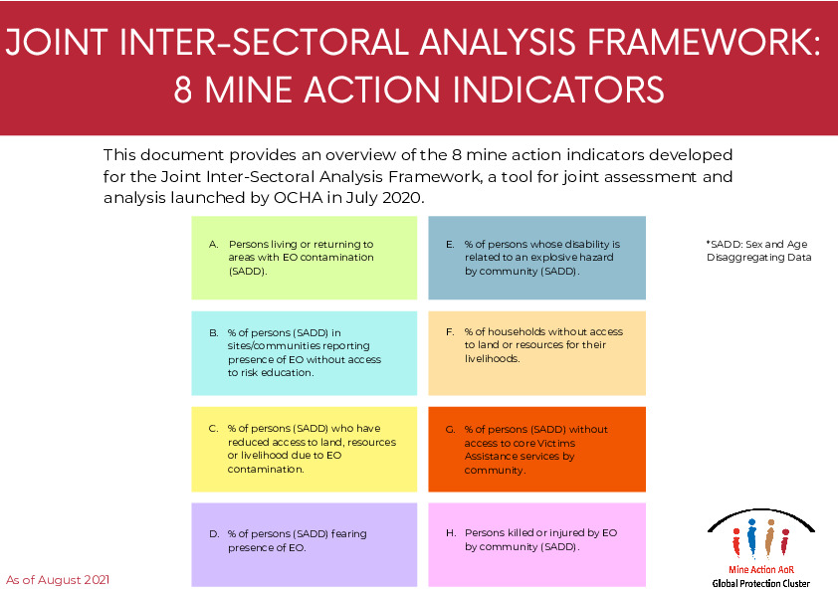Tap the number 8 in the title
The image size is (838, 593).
pyautogui.click(x=184, y=90)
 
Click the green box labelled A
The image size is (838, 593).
pyautogui.click(x=304, y=258)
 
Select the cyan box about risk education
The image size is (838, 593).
pyautogui.click(x=304, y=352)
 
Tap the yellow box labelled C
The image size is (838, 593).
pyautogui.click(x=304, y=449)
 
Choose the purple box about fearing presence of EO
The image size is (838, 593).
pyautogui.click(x=304, y=544)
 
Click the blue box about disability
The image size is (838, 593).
pyautogui.click(x=536, y=258)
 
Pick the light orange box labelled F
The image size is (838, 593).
pyautogui.click(x=536, y=352)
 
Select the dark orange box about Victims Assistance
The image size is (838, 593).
pyautogui.click(x=536, y=449)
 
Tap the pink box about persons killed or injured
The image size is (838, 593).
pyautogui.click(x=536, y=544)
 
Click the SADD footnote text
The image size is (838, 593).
pyautogui.click(x=758, y=251)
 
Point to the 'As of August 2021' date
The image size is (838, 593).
pyautogui.click(x=58, y=579)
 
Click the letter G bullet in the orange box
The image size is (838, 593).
pyautogui.click(x=450, y=430)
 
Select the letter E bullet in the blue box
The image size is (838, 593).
pyautogui.click(x=450, y=244)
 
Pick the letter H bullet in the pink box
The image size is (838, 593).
pyautogui.click(x=450, y=533)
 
